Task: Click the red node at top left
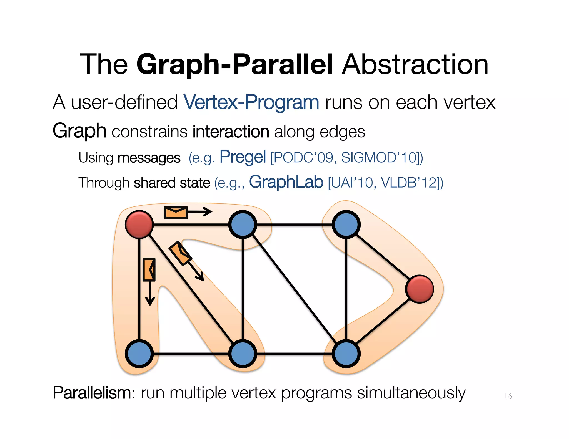(139, 224)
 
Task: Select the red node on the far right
(420, 289)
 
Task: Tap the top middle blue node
(243, 224)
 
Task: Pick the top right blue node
(346, 224)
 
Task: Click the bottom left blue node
(139, 354)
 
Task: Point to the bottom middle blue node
(243, 354)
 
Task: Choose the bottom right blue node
(346, 354)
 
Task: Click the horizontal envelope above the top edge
(176, 213)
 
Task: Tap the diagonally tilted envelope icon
(181, 253)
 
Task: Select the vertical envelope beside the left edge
(149, 269)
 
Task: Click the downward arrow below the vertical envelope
(150, 294)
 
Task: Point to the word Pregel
(243, 157)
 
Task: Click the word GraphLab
(286, 182)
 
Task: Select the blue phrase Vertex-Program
(251, 102)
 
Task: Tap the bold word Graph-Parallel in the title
(235, 64)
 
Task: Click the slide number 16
(508, 396)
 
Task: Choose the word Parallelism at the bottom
(94, 393)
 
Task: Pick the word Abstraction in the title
(415, 64)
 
